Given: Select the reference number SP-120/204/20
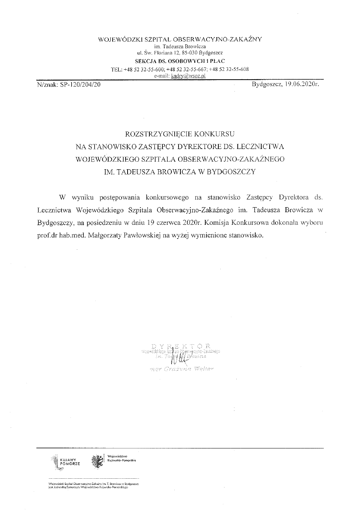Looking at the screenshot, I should pos(79,84).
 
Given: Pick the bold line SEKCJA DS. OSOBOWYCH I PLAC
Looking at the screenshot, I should pos(180,61).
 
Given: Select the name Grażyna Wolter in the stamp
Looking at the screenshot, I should pos(188,369).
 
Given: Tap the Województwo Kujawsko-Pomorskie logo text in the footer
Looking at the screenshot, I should pos(122,458).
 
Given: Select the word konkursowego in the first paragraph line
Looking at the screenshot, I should pos(167,198).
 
